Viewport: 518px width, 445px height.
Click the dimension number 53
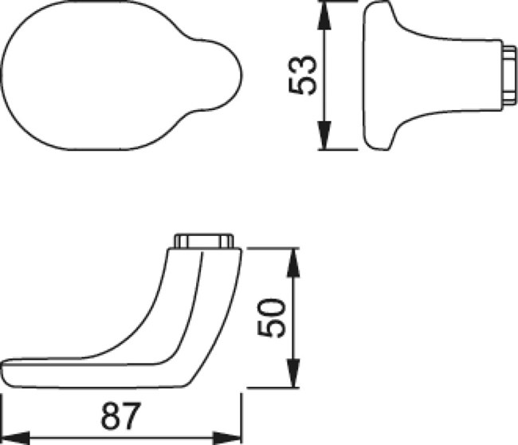tap(303, 76)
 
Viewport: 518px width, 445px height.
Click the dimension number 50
tap(271, 318)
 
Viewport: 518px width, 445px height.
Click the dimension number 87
tap(121, 415)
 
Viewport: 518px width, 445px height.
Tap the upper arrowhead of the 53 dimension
tap(324, 16)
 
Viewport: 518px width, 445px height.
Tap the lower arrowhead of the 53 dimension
tap(324, 135)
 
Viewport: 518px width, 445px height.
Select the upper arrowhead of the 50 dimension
tap(293, 262)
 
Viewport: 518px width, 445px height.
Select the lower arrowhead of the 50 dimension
tap(293, 372)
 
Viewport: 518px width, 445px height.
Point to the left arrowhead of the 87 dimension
tap(16, 438)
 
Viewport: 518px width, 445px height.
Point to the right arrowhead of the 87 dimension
tap(226, 438)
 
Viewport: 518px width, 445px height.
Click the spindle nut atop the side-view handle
tap(204, 241)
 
